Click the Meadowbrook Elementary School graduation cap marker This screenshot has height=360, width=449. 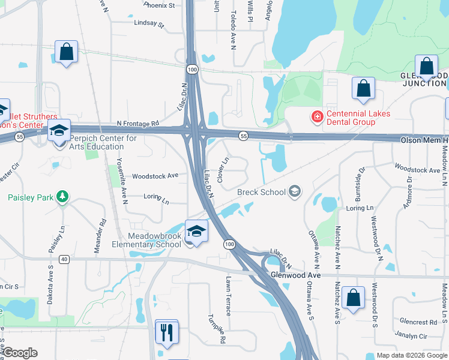pos(196,232)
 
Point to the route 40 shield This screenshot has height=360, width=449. pos(65,259)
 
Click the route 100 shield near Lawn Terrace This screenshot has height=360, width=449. pos(229,244)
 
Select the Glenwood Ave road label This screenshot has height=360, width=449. pos(292,274)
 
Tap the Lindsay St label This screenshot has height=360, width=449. pos(149,23)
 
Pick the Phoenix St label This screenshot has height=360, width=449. pos(159,5)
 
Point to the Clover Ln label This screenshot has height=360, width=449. pos(223,170)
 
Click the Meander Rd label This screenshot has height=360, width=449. pos(103,229)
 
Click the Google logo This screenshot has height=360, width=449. pos(20,352)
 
